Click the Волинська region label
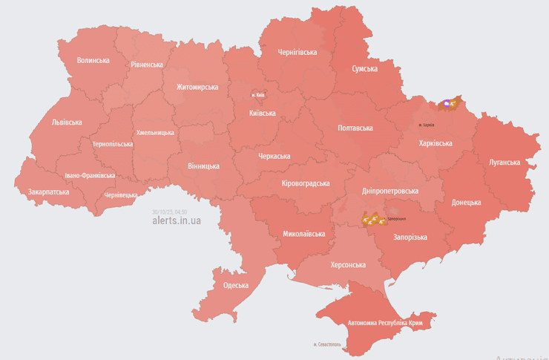(x=93, y=61)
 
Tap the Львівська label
(x=67, y=122)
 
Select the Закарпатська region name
(x=48, y=192)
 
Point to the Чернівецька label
(x=121, y=194)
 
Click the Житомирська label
(x=197, y=87)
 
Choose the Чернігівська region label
(x=297, y=53)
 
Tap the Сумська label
(x=364, y=68)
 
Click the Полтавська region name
(x=355, y=128)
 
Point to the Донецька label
(x=466, y=202)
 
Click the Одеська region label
(x=236, y=285)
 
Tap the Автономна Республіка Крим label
(x=385, y=323)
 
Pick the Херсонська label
(x=348, y=265)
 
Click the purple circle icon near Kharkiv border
(x=446, y=104)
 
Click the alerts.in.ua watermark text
(x=176, y=220)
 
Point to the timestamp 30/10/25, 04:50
(x=170, y=212)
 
